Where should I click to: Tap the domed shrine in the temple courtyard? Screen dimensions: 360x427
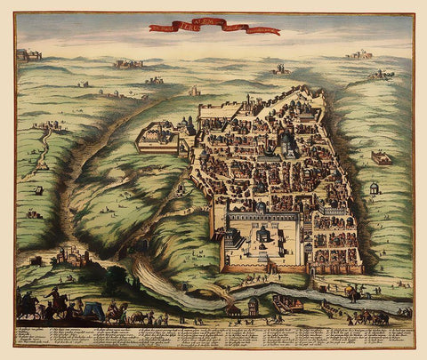264,232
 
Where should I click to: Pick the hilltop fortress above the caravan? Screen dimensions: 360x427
71,257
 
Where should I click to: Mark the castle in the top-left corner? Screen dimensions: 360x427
28,55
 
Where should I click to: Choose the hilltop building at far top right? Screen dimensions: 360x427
359,55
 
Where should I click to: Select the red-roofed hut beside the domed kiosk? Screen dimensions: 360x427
233,310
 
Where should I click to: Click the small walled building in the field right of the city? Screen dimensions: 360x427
381,158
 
